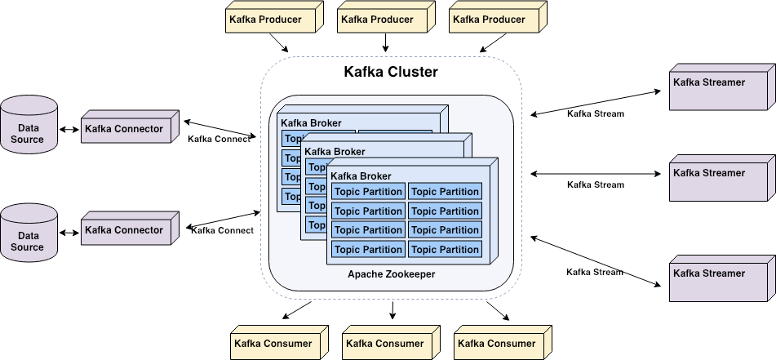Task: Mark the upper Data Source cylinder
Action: coord(29,126)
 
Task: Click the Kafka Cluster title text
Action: coord(391,72)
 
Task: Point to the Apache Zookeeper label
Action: coord(391,274)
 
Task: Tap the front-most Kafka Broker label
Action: coord(361,176)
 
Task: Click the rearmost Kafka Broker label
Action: coord(312,123)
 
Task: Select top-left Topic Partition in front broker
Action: coord(368,192)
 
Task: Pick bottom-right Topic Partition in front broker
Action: coord(445,250)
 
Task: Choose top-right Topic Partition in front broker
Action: coord(445,192)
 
